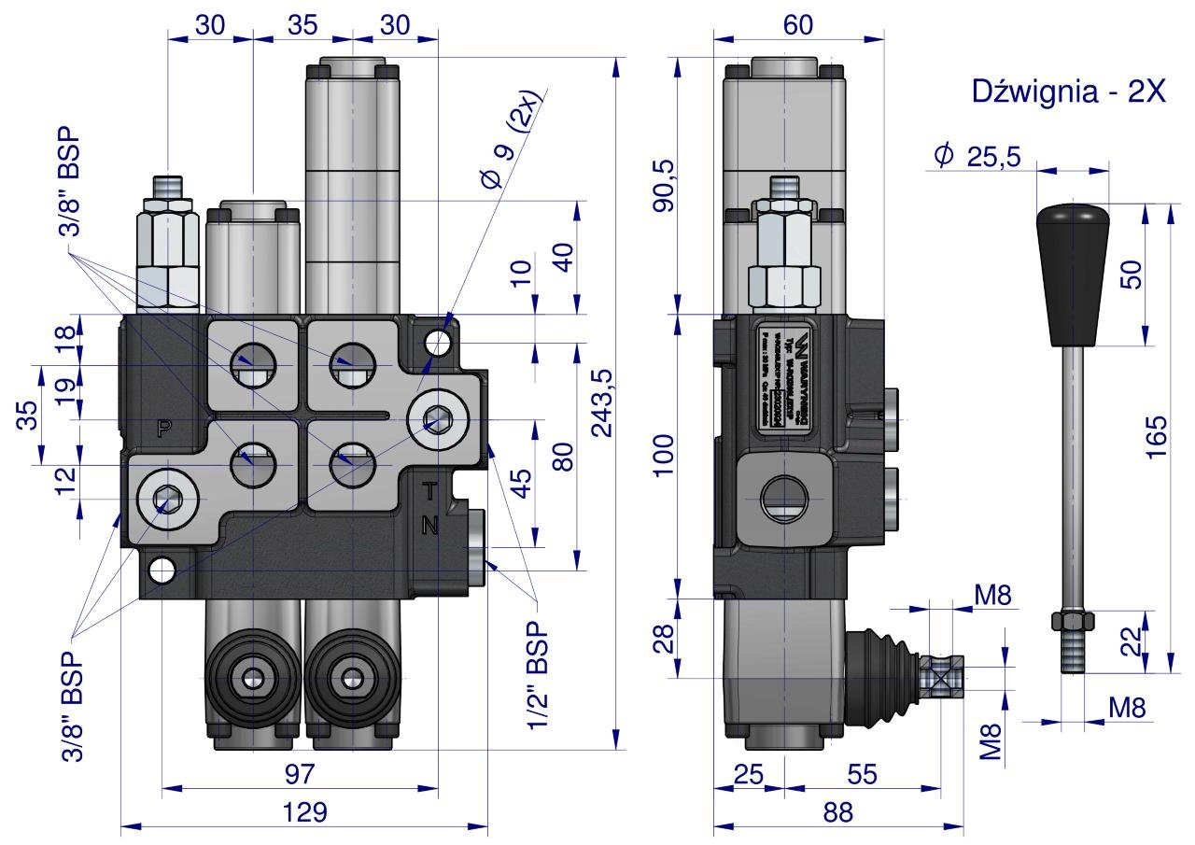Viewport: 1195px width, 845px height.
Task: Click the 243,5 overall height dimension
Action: click(x=603, y=402)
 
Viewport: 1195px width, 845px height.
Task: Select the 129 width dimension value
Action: click(x=305, y=813)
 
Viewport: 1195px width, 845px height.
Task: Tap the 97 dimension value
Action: click(x=300, y=774)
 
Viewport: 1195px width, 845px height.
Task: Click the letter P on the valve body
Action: click(x=164, y=429)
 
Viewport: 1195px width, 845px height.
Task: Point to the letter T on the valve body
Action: click(x=429, y=489)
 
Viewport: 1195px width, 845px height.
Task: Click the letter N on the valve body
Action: click(x=429, y=526)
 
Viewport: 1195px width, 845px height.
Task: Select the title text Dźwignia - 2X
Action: click(x=1068, y=92)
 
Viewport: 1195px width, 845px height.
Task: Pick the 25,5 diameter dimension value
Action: click(x=988, y=156)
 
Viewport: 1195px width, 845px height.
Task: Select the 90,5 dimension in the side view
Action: click(x=663, y=185)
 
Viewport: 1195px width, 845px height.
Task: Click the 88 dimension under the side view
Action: click(x=837, y=813)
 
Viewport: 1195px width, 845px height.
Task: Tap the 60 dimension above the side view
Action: click(x=798, y=26)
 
